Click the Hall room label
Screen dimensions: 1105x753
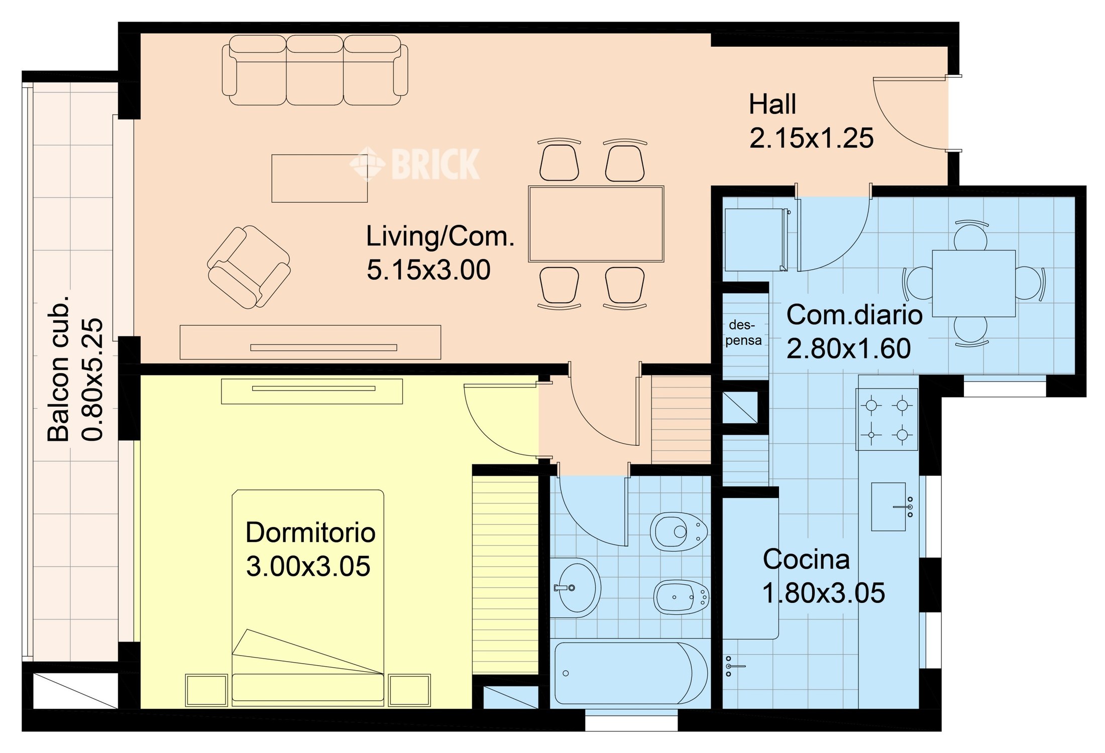pyautogui.click(x=772, y=104)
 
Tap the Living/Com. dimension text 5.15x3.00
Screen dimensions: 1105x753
pyautogui.click(x=428, y=270)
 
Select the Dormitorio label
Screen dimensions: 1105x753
pyautogui.click(x=310, y=533)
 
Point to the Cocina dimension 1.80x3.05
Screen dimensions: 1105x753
pyautogui.click(x=824, y=593)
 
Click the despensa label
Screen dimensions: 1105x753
pyautogui.click(x=743, y=333)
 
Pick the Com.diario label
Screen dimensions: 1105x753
pyautogui.click(x=854, y=315)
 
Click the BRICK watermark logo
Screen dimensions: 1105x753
pyautogui.click(x=415, y=163)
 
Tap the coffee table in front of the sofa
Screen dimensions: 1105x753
pyautogui.click(x=319, y=178)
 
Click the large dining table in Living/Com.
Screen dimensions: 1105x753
pyautogui.click(x=596, y=224)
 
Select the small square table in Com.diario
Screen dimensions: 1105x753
pyautogui.click(x=974, y=283)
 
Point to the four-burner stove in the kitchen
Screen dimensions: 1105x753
pyautogui.click(x=888, y=420)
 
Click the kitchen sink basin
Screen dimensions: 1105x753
pyautogui.click(x=888, y=507)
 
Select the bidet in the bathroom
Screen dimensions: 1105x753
pyautogui.click(x=681, y=597)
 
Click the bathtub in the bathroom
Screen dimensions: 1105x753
pyautogui.click(x=631, y=673)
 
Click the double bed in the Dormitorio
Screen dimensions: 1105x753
pyautogui.click(x=308, y=595)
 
